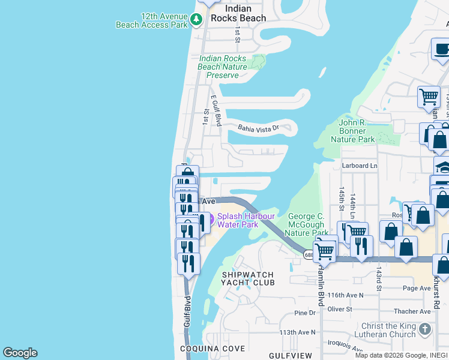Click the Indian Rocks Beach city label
[246, 14]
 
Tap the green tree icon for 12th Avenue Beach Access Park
[196, 20]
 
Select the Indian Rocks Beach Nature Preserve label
[222, 67]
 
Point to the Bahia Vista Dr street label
[259, 128]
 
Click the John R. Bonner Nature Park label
[352, 131]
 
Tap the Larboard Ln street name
[360, 166]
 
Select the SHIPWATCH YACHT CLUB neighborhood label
[248, 278]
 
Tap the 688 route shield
[309, 255]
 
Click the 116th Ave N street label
[346, 295]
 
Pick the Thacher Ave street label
[412, 311]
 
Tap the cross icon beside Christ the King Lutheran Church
[425, 329]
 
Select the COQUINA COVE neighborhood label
[212, 349]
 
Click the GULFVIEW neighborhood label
[291, 355]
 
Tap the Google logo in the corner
[20, 353]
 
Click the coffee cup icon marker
[441, 50]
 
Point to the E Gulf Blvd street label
[216, 110]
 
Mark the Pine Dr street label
[305, 313]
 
